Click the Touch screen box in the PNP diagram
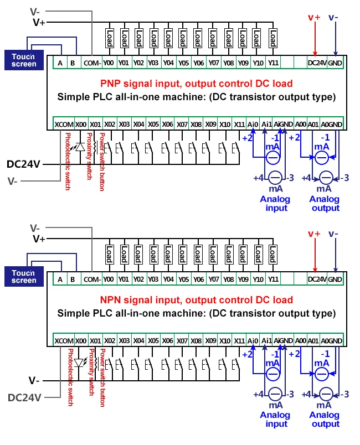tap(24, 60)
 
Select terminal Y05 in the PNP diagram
tap(184, 63)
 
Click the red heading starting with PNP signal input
tap(197, 84)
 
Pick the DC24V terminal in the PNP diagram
tap(317, 63)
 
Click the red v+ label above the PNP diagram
tap(314, 17)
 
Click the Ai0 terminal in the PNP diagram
tap(254, 124)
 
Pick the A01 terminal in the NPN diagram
tap(313, 340)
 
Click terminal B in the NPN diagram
tap(73, 280)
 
